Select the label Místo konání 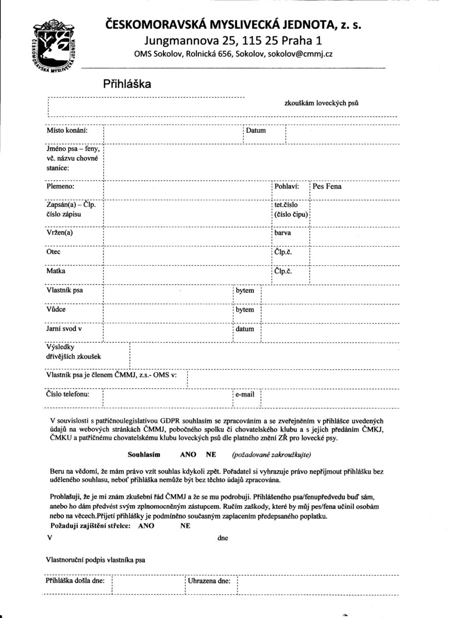click(x=66, y=131)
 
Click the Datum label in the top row click(x=256, y=131)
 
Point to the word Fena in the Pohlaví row click(x=333, y=186)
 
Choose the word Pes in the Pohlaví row click(x=318, y=186)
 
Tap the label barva click(x=283, y=233)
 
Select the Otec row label click(x=54, y=252)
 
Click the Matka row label click(x=56, y=271)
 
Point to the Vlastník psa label click(x=64, y=290)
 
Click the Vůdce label click(x=56, y=310)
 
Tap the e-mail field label click(x=245, y=394)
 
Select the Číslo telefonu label click(x=68, y=394)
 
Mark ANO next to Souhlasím click(x=188, y=455)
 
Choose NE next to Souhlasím click(x=211, y=455)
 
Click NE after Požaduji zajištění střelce click(x=185, y=526)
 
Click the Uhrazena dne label click(x=209, y=580)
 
